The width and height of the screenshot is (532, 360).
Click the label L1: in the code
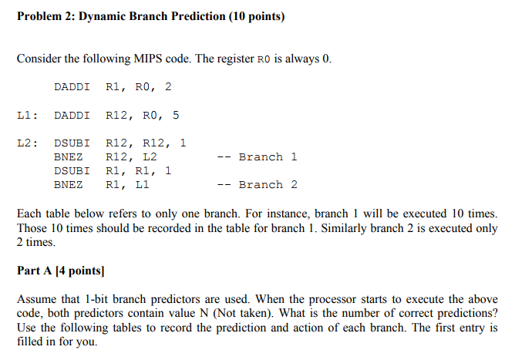click(x=28, y=116)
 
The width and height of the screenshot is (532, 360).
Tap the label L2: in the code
click(x=28, y=143)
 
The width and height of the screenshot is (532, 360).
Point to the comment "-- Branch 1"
click(x=258, y=157)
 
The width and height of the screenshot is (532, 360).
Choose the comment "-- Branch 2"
click(x=258, y=185)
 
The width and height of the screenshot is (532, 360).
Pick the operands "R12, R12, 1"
click(x=146, y=143)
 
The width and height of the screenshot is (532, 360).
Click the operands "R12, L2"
click(x=131, y=157)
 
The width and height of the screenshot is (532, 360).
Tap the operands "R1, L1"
click(x=127, y=185)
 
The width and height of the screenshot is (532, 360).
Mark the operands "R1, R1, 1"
click(x=139, y=171)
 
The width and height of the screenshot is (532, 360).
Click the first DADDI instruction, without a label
click(x=72, y=87)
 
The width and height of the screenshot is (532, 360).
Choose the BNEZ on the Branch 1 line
click(x=69, y=157)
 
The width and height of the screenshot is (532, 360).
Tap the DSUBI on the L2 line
click(x=72, y=143)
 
